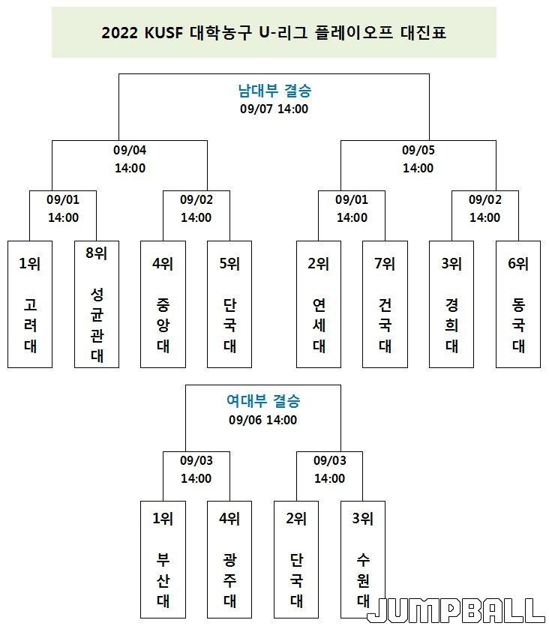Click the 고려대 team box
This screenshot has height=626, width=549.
(x=30, y=304)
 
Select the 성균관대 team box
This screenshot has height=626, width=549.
(x=97, y=304)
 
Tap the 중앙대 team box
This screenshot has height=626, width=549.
(x=163, y=304)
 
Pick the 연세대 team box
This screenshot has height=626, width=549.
(x=319, y=304)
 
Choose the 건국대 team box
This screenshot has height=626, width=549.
(x=385, y=304)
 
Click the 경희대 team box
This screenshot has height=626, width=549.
(x=451, y=304)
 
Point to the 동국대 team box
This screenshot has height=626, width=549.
(x=518, y=304)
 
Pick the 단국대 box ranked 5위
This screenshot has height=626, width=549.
(x=229, y=304)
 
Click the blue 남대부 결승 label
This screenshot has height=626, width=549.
(x=274, y=91)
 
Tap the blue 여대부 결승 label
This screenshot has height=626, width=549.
(x=263, y=401)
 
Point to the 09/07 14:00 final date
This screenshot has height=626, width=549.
(x=274, y=109)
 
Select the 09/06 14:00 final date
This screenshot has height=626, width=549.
(x=263, y=420)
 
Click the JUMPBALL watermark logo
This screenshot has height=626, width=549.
(x=456, y=610)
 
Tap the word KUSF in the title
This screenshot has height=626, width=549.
(x=163, y=33)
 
